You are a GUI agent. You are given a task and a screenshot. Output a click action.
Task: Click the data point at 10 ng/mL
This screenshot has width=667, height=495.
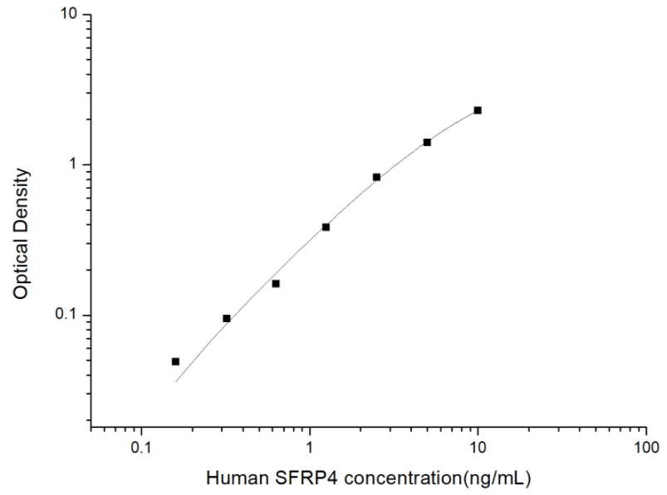478,110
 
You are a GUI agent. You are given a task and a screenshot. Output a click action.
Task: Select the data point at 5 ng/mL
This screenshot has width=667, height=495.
427,142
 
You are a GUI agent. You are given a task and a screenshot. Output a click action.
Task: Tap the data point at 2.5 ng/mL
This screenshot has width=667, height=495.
376,177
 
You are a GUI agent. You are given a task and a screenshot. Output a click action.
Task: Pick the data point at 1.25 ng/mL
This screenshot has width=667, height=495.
326,227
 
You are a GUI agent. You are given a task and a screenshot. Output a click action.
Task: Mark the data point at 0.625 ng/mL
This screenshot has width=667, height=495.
276,283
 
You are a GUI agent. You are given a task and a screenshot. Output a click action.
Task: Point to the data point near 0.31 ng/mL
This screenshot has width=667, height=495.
227,318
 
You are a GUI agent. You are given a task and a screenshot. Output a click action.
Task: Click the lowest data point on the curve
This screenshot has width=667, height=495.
175,361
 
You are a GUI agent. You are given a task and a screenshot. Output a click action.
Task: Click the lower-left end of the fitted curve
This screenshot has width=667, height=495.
176,381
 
